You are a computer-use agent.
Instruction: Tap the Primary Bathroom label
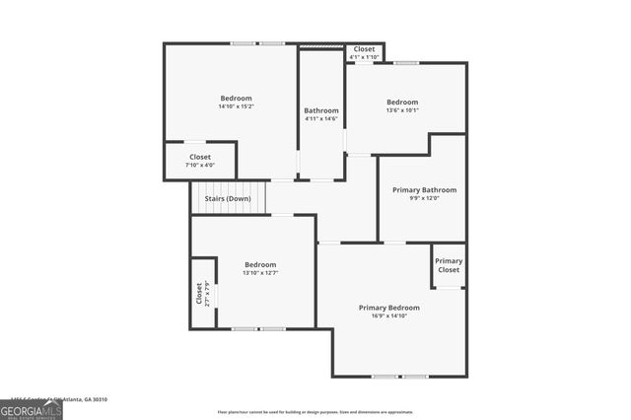point(424,189)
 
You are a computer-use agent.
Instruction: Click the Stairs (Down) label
point(228,199)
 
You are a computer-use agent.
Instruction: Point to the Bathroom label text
point(321,110)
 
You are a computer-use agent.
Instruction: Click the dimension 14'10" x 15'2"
point(236,106)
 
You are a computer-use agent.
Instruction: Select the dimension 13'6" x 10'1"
point(402,110)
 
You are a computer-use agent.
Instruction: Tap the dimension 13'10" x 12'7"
point(260,272)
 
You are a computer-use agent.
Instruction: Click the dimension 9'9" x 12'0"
point(424,198)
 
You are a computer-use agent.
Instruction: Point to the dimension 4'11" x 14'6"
point(321,119)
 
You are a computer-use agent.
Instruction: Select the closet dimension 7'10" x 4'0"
point(200,165)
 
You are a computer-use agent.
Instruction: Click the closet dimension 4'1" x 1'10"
point(364,56)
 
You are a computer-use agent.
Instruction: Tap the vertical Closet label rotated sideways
point(199,294)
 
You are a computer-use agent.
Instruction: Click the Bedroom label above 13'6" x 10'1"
point(402,103)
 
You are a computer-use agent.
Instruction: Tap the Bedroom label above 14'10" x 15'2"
point(236,98)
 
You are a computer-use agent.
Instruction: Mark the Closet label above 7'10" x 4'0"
point(200,157)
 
